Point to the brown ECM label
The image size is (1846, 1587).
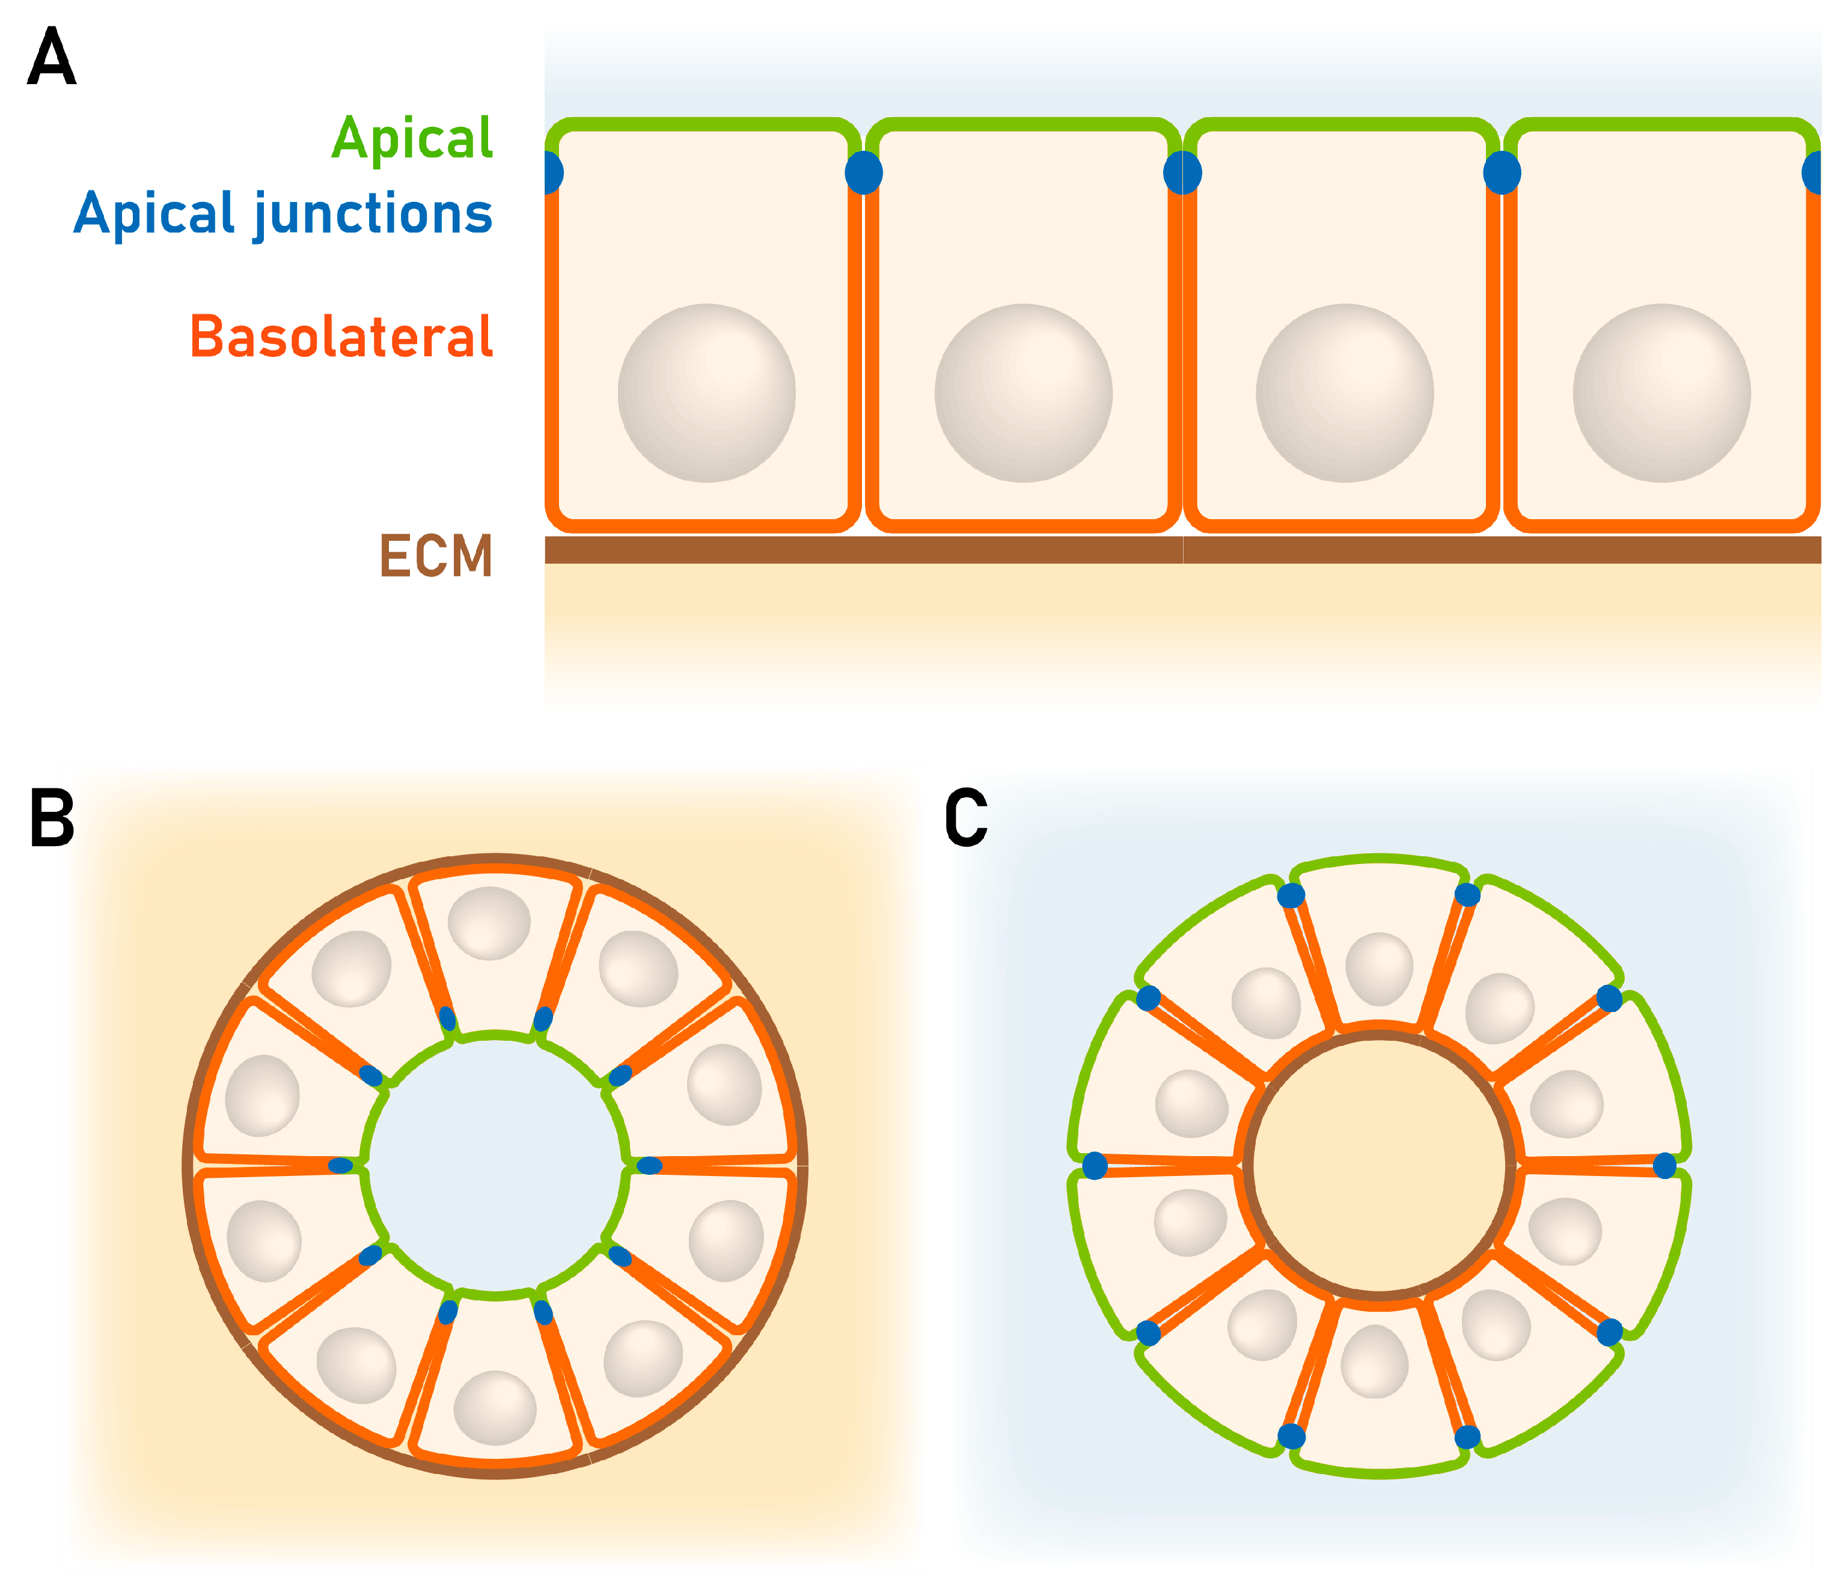coord(436,556)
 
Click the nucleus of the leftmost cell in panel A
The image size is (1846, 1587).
coord(706,393)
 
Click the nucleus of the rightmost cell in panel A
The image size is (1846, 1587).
coord(1661,393)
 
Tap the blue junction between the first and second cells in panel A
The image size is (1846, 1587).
coord(863,172)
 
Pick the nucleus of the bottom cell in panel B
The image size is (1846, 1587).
coord(495,1407)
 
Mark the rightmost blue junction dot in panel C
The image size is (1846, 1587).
coord(1664,1165)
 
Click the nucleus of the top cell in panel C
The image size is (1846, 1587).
coord(1379,969)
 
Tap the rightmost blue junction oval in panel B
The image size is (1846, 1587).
coord(649,1165)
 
